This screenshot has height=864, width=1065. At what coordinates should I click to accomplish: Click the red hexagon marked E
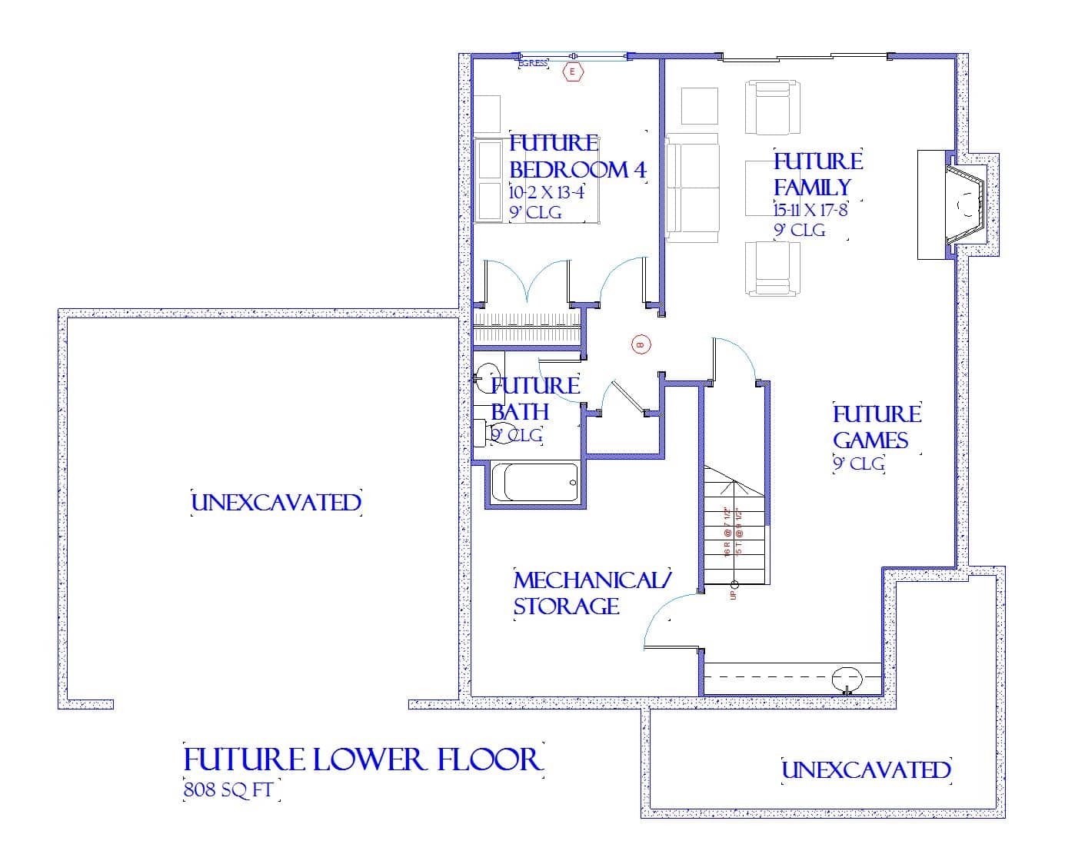572,72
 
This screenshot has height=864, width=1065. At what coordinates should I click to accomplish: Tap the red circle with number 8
640,345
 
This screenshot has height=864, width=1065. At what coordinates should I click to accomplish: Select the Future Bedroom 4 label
577,156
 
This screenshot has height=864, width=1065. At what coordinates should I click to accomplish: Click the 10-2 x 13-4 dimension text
546,192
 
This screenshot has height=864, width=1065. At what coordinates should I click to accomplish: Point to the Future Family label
817,174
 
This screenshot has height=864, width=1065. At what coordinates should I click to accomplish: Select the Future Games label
877,427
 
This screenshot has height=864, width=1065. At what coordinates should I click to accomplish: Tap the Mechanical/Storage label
591,593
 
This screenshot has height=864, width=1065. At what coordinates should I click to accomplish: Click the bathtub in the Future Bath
535,483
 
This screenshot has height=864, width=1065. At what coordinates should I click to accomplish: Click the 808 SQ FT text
230,790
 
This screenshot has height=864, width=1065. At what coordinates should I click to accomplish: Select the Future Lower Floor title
363,759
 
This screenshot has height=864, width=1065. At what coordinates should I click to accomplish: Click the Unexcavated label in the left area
276,503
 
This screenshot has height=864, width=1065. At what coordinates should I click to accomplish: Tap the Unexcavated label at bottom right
866,770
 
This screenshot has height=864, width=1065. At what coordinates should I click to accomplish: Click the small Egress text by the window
533,63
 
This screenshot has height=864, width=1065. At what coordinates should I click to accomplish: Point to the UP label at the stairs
733,594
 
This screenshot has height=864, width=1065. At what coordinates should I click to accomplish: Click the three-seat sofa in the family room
692,188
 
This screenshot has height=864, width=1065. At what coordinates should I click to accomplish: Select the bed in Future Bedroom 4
534,181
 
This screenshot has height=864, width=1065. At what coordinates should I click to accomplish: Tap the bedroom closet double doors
528,281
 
